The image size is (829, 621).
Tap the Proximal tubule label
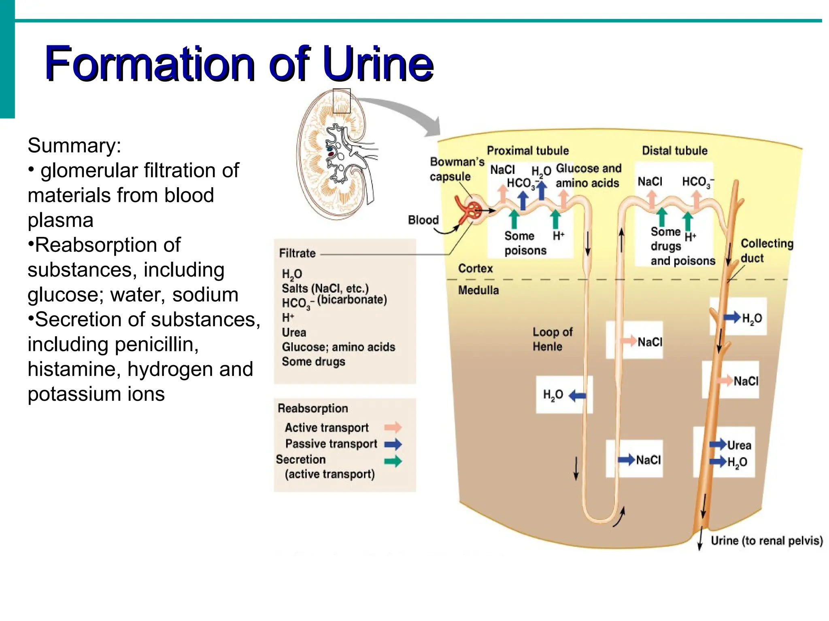point(527,151)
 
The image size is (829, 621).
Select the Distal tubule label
point(674,151)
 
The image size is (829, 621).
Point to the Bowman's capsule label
point(457,169)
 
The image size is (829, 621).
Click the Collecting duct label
point(766,251)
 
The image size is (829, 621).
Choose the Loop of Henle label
point(552,339)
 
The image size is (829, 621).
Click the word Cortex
point(475,268)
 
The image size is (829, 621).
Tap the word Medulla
point(478,290)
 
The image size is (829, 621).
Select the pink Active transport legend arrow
point(393,427)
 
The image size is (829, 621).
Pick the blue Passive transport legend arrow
point(393,444)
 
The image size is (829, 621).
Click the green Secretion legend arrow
point(393,461)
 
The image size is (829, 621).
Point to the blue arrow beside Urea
point(718,444)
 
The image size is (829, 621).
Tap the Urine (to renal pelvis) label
point(766,541)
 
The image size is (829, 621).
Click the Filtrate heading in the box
point(297,253)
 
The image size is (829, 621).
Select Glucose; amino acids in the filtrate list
point(338,347)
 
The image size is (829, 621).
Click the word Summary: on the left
point(74,146)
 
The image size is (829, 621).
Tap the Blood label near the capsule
point(423,220)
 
